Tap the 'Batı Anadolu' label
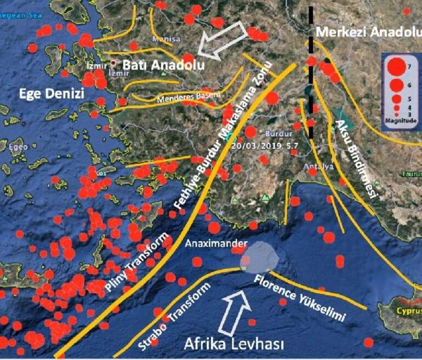[x=163, y=65]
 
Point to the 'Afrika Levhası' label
[x=234, y=344]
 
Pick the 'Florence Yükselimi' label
[x=301, y=299]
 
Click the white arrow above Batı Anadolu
[x=223, y=43]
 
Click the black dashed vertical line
[x=311, y=71]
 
